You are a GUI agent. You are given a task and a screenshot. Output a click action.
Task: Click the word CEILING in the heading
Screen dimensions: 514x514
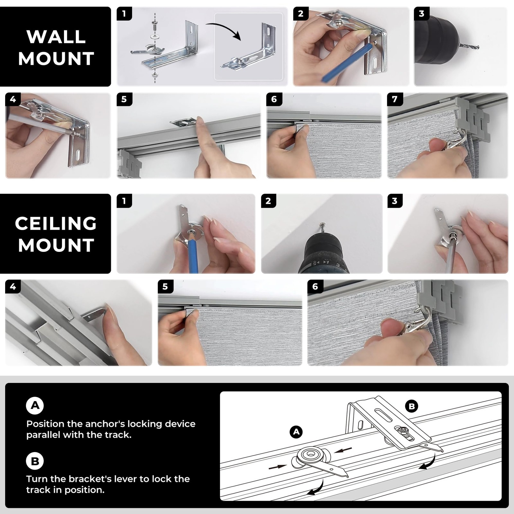coord(56,223)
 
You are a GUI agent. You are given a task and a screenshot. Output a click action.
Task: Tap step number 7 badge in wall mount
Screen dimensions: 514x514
coord(395,99)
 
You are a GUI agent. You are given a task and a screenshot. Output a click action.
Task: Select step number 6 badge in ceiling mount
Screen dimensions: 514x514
coord(315,286)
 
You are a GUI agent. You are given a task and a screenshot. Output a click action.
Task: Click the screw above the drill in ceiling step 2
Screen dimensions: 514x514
coord(322,229)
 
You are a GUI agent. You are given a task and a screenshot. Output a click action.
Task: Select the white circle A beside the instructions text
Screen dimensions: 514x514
coord(35,405)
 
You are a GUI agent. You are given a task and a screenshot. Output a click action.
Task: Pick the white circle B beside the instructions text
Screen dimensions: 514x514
coord(35,461)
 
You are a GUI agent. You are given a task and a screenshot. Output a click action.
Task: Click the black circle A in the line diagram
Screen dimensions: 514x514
coord(296,432)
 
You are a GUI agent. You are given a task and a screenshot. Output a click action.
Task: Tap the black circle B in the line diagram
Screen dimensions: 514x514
coord(412,406)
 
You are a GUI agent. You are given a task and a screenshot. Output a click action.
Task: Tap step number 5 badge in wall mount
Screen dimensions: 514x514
coord(124,99)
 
